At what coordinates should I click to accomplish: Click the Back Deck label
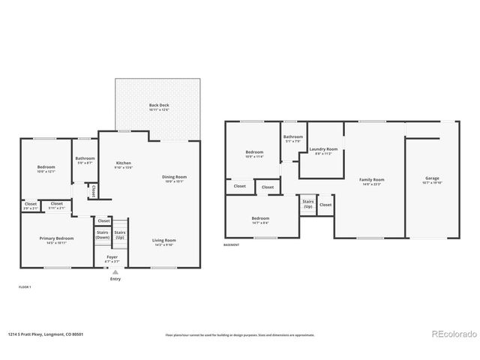pyautogui.click(x=158, y=106)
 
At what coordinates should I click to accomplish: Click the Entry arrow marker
pyautogui.click(x=115, y=272)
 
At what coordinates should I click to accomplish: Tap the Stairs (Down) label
pyautogui.click(x=103, y=235)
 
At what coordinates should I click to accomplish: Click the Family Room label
pyautogui.click(x=371, y=181)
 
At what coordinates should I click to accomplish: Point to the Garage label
pyautogui.click(x=433, y=179)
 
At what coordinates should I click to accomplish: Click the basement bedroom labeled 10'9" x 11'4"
pyautogui.click(x=254, y=154)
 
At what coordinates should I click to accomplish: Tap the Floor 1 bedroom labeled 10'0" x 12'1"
pyautogui.click(x=46, y=168)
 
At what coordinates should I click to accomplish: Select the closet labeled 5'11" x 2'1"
pyautogui.click(x=56, y=205)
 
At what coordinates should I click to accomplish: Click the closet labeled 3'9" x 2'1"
pyautogui.click(x=31, y=205)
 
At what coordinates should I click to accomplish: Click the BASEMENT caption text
pyautogui.click(x=232, y=245)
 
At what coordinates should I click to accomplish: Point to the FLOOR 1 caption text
pyautogui.click(x=24, y=287)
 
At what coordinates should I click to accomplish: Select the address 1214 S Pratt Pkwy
pyautogui.click(x=45, y=334)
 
